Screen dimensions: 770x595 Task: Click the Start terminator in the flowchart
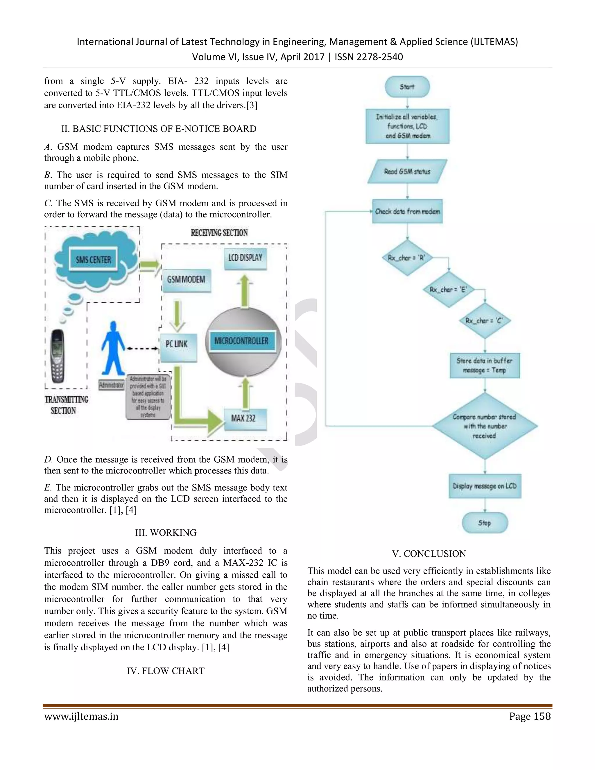click(407, 87)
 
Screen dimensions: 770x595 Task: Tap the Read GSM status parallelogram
click(407, 172)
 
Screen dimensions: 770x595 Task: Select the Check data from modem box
click(407, 212)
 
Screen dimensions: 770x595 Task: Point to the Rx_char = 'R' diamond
click(407, 258)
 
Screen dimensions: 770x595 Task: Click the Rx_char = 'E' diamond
click(448, 289)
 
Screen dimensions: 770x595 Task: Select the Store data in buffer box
click(484, 366)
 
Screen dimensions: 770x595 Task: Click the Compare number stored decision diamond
click(484, 426)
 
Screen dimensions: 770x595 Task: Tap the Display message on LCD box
click(485, 486)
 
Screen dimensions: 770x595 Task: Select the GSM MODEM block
click(186, 280)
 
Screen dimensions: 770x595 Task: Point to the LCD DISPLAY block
click(245, 258)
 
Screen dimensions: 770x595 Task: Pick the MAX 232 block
click(245, 419)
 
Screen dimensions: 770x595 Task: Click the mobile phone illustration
click(57, 356)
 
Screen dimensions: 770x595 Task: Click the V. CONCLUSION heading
click(429, 554)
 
